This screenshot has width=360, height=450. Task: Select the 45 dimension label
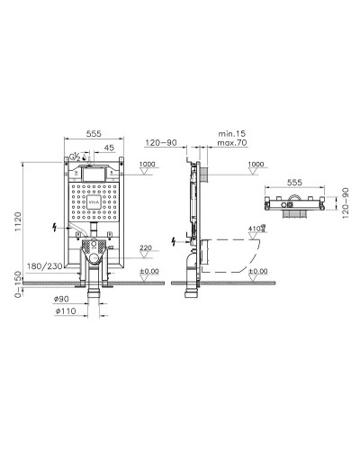108,148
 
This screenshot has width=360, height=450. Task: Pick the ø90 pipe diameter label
61,298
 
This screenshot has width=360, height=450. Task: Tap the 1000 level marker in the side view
256,165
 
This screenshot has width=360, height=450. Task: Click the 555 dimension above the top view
292,180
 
